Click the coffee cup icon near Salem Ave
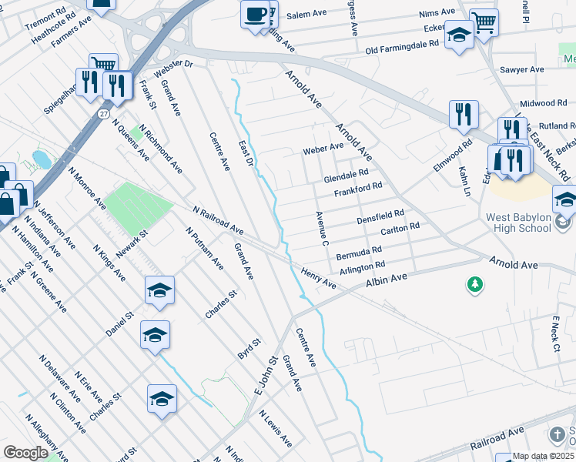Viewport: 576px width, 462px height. pyautogui.click(x=256, y=14)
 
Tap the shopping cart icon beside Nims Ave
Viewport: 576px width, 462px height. pyautogui.click(x=484, y=22)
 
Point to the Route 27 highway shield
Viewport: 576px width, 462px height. pyautogui.click(x=103, y=112)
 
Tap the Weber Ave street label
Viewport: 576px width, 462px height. pyautogui.click(x=323, y=147)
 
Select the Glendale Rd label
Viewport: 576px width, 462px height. pyautogui.click(x=346, y=176)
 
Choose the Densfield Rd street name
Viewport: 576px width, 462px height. pyautogui.click(x=380, y=218)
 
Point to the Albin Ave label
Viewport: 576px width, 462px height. pyautogui.click(x=386, y=283)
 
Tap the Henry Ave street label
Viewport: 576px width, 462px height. pyautogui.click(x=319, y=279)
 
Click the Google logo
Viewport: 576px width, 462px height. pyautogui.click(x=25, y=453)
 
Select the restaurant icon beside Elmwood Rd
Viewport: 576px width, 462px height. pyautogui.click(x=463, y=115)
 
